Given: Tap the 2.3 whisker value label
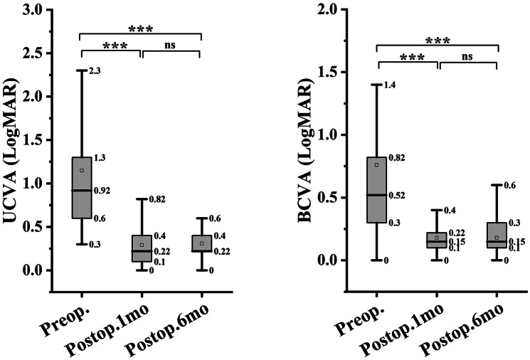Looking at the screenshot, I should (x=95, y=71).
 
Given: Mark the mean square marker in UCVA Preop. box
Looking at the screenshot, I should (x=82, y=170).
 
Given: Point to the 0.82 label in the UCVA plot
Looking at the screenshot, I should (x=157, y=199).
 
